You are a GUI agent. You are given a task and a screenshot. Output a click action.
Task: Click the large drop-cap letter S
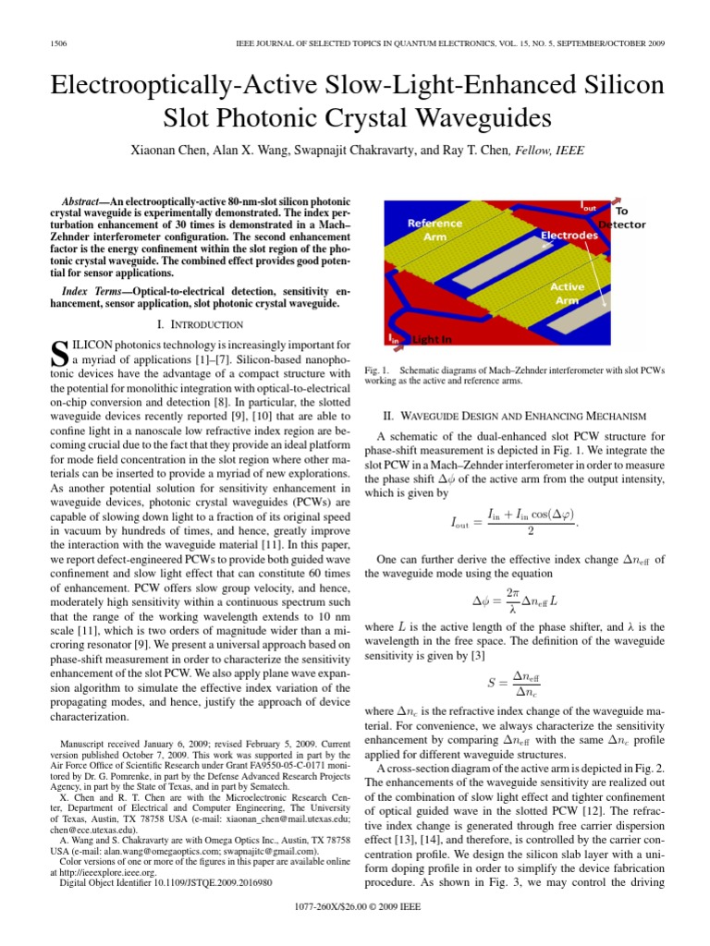point(57,351)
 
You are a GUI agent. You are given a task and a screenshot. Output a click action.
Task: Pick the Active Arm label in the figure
point(568,293)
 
